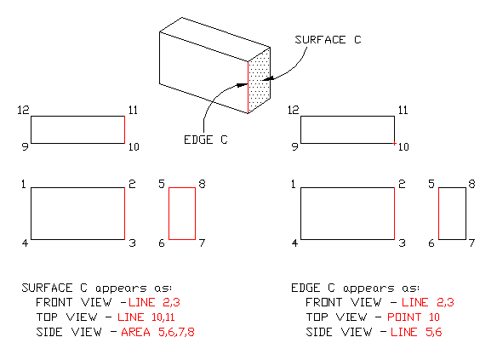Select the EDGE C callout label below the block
click(x=205, y=140)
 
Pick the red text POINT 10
click(x=431, y=316)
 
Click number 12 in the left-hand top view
click(x=24, y=110)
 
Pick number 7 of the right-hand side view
click(x=472, y=244)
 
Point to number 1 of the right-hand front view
click(x=294, y=184)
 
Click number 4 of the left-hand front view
click(x=25, y=244)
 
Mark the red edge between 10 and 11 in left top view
click(x=125, y=129)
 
